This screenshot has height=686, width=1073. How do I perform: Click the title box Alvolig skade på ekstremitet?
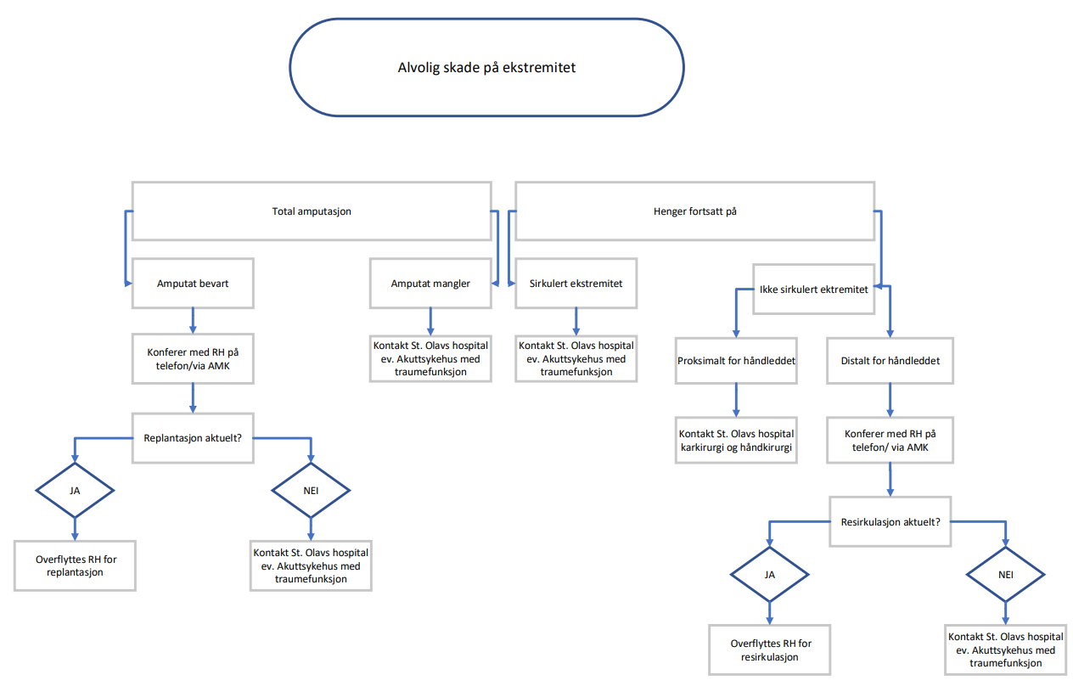pos(486,67)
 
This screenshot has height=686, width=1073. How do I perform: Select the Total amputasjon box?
pos(312,211)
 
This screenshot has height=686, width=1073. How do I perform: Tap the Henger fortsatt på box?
pos(694,211)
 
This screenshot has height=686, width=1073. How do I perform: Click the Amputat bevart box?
pos(193,284)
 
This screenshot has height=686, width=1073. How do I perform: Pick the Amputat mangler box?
pos(430,284)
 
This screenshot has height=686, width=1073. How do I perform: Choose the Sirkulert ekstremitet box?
pos(576,284)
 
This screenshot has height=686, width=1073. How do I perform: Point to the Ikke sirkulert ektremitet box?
pos(814,290)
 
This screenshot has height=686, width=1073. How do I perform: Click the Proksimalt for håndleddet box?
pos(736,361)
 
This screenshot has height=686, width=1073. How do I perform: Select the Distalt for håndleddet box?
pos(889,361)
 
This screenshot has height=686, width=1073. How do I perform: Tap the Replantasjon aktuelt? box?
pos(193,439)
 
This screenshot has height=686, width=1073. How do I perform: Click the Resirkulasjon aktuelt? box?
pos(890,521)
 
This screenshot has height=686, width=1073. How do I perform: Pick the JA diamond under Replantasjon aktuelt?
pos(75,490)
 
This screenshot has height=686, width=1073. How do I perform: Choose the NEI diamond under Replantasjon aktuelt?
pos(311,490)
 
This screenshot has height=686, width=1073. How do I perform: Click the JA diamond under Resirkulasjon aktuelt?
pos(770,574)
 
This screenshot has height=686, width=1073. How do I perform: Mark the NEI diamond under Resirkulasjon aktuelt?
pos(1006,574)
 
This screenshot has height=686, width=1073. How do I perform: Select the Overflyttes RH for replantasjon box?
pos(75,565)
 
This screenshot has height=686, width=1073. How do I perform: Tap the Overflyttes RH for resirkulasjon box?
pos(770,649)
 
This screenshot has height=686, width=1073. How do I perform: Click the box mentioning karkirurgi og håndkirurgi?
pos(736,440)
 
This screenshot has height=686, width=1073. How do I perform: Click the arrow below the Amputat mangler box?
pos(430,321)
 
